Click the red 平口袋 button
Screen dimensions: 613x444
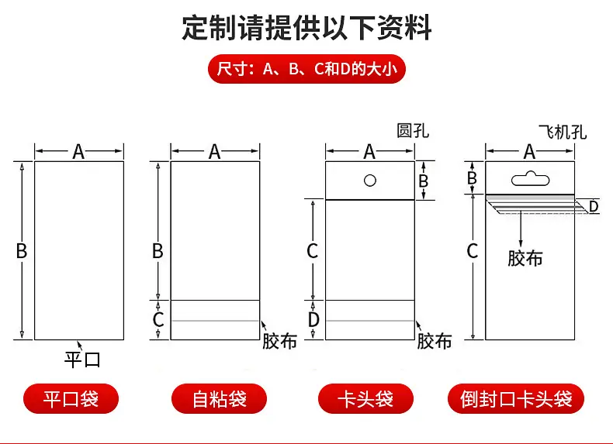pos(71,399)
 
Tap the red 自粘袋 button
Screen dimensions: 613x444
pos(219,399)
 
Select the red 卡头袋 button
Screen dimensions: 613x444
pos(365,399)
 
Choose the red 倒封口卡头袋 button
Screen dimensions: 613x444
pos(516,399)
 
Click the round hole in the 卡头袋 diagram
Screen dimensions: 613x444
pos(370,181)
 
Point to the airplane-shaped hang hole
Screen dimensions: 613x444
pos(530,178)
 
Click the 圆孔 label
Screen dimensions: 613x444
pos(413,131)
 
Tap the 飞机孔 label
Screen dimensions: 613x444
pos(563,132)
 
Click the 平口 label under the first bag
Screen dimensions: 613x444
pos(82,360)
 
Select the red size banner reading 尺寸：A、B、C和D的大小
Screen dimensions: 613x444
pos(307,69)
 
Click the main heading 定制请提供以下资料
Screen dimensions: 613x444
pos(306,27)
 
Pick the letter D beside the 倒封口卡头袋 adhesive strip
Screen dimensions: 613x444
pos(594,207)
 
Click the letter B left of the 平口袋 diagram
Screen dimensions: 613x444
pos(22,251)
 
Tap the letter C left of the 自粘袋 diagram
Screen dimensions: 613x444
pos(158,320)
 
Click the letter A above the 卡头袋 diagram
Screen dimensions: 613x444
pos(369,152)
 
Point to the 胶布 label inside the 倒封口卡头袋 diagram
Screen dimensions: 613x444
pos(525,258)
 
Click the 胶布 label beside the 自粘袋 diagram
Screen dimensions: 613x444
pos(279,341)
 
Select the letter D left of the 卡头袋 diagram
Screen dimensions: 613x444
pos(313,320)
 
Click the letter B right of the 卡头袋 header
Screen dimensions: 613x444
pos(424,181)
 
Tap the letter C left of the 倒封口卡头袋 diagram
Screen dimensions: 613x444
pos(473,251)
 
